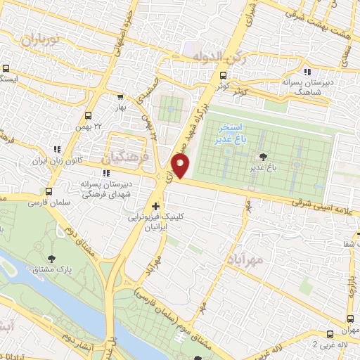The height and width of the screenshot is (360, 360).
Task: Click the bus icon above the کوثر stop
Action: click(x=223, y=75)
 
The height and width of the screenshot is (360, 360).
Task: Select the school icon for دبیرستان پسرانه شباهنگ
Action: click(x=307, y=72)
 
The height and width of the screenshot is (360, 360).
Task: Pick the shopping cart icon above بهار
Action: click(x=120, y=97)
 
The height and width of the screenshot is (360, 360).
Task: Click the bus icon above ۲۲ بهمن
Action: click(x=89, y=115)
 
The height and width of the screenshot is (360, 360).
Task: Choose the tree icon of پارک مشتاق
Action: click(x=54, y=260)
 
